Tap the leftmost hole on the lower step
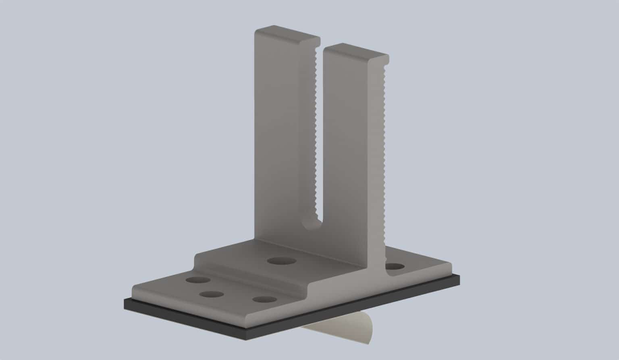(x=198, y=279)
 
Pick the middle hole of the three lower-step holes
(x=211, y=294)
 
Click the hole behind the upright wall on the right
(x=395, y=267)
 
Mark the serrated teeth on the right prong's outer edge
(x=385, y=141)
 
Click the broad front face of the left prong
(x=278, y=141)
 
